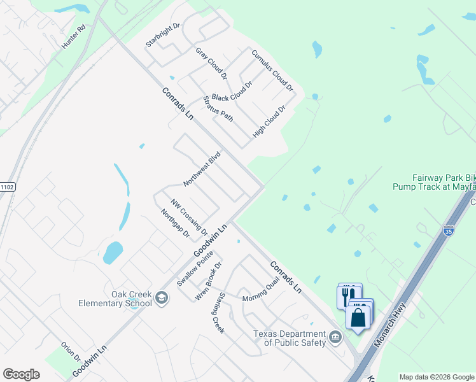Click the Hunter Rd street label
(74, 37)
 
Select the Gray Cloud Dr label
(211, 63)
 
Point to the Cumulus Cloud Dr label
(272, 70)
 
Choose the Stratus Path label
(218, 109)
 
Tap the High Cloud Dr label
(269, 121)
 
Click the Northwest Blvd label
(202, 169)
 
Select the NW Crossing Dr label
(189, 215)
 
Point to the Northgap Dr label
(176, 223)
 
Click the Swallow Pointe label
(195, 268)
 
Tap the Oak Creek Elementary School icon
(162, 297)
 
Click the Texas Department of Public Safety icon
(335, 336)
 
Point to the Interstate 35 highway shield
(449, 231)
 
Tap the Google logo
(22, 374)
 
